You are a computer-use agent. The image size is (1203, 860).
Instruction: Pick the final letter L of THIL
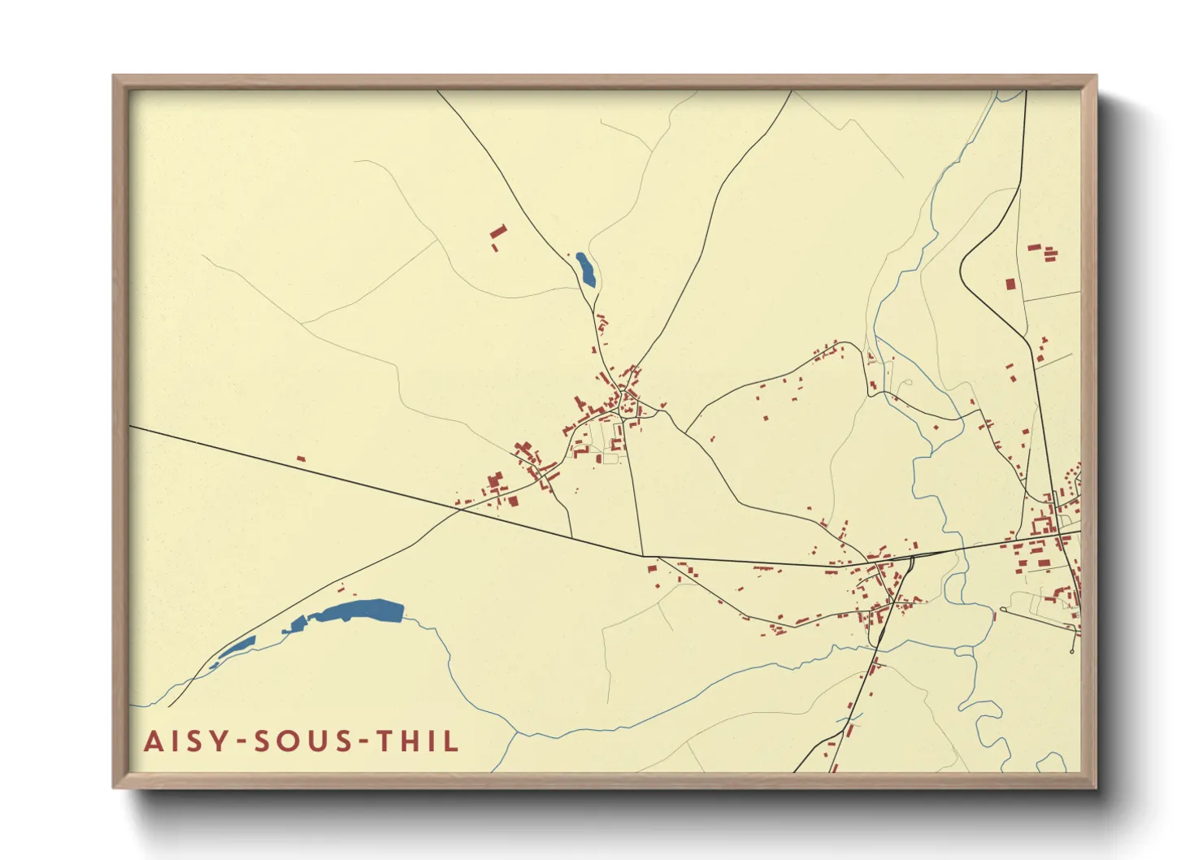(x=452, y=741)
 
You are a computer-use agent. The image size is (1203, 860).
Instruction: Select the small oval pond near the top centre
(x=585, y=270)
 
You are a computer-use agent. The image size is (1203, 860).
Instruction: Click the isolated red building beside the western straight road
(x=301, y=459)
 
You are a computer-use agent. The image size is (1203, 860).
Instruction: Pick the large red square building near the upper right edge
(x=1010, y=284)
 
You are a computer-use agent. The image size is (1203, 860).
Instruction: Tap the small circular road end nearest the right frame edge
(x=1073, y=651)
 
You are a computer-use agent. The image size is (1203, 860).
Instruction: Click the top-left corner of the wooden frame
(x=114, y=76)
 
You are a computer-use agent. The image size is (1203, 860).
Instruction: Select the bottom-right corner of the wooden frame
(x=1096, y=787)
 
